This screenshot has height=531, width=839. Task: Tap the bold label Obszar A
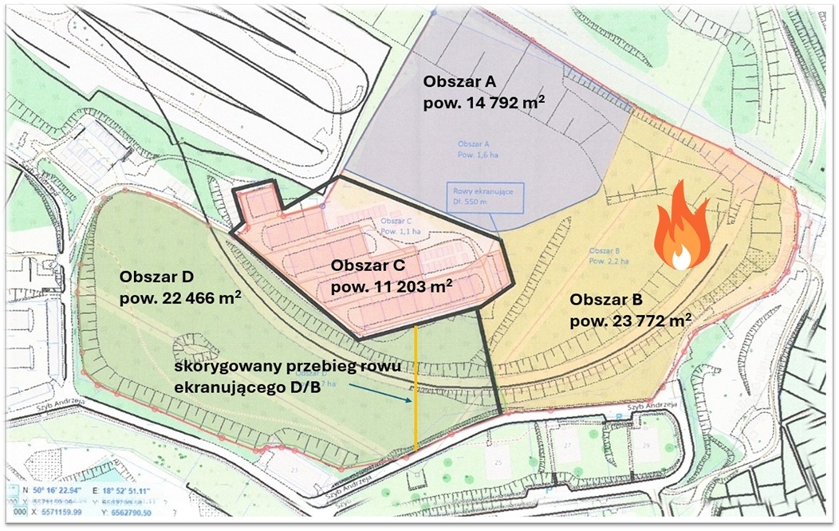(x=460, y=81)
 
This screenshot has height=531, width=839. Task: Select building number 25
(x=500, y=462)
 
